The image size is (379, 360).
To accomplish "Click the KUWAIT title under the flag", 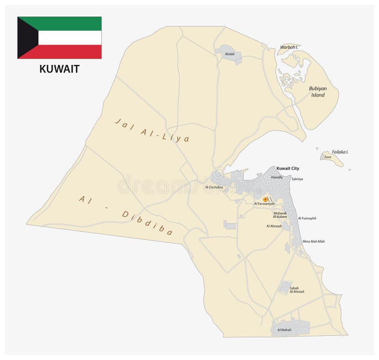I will (59, 69).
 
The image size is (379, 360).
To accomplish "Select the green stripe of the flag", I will (66, 23).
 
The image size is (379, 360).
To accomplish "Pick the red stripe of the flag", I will (66, 52).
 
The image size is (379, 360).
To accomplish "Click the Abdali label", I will (230, 54).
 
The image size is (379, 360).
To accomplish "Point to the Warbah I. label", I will (289, 47).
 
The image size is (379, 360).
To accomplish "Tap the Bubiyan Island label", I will (317, 91).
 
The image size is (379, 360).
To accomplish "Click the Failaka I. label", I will (340, 152).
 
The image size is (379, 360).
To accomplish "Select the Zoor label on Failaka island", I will (327, 156).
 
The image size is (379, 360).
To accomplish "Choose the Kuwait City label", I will (288, 168).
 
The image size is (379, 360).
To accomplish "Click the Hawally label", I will (277, 177).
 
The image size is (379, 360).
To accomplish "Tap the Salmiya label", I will (297, 179).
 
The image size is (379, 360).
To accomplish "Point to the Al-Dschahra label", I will (214, 187).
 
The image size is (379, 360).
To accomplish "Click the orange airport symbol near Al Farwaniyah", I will (265, 199).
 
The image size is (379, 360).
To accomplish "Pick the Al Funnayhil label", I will (307, 218).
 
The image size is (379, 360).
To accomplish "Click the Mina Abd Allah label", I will (314, 241).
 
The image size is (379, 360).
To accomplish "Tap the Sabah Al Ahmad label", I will (297, 289).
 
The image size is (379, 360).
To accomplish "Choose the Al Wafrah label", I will (285, 329).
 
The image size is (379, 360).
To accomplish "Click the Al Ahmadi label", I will (274, 226).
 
